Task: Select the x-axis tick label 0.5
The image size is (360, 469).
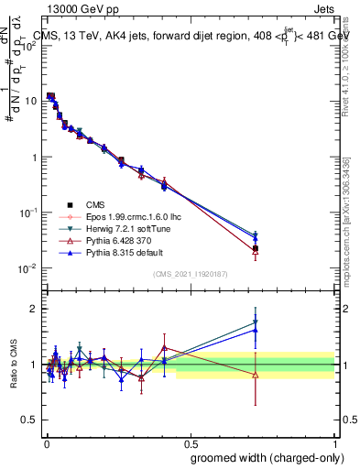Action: coord(189,442)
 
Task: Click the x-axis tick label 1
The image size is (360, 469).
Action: coord(333,442)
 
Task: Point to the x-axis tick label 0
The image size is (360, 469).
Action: coord(45,442)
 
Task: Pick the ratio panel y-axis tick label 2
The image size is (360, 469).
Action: coord(35,309)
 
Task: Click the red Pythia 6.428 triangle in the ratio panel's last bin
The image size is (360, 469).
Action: coord(256,375)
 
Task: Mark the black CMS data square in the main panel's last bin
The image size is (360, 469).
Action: coord(256,248)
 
